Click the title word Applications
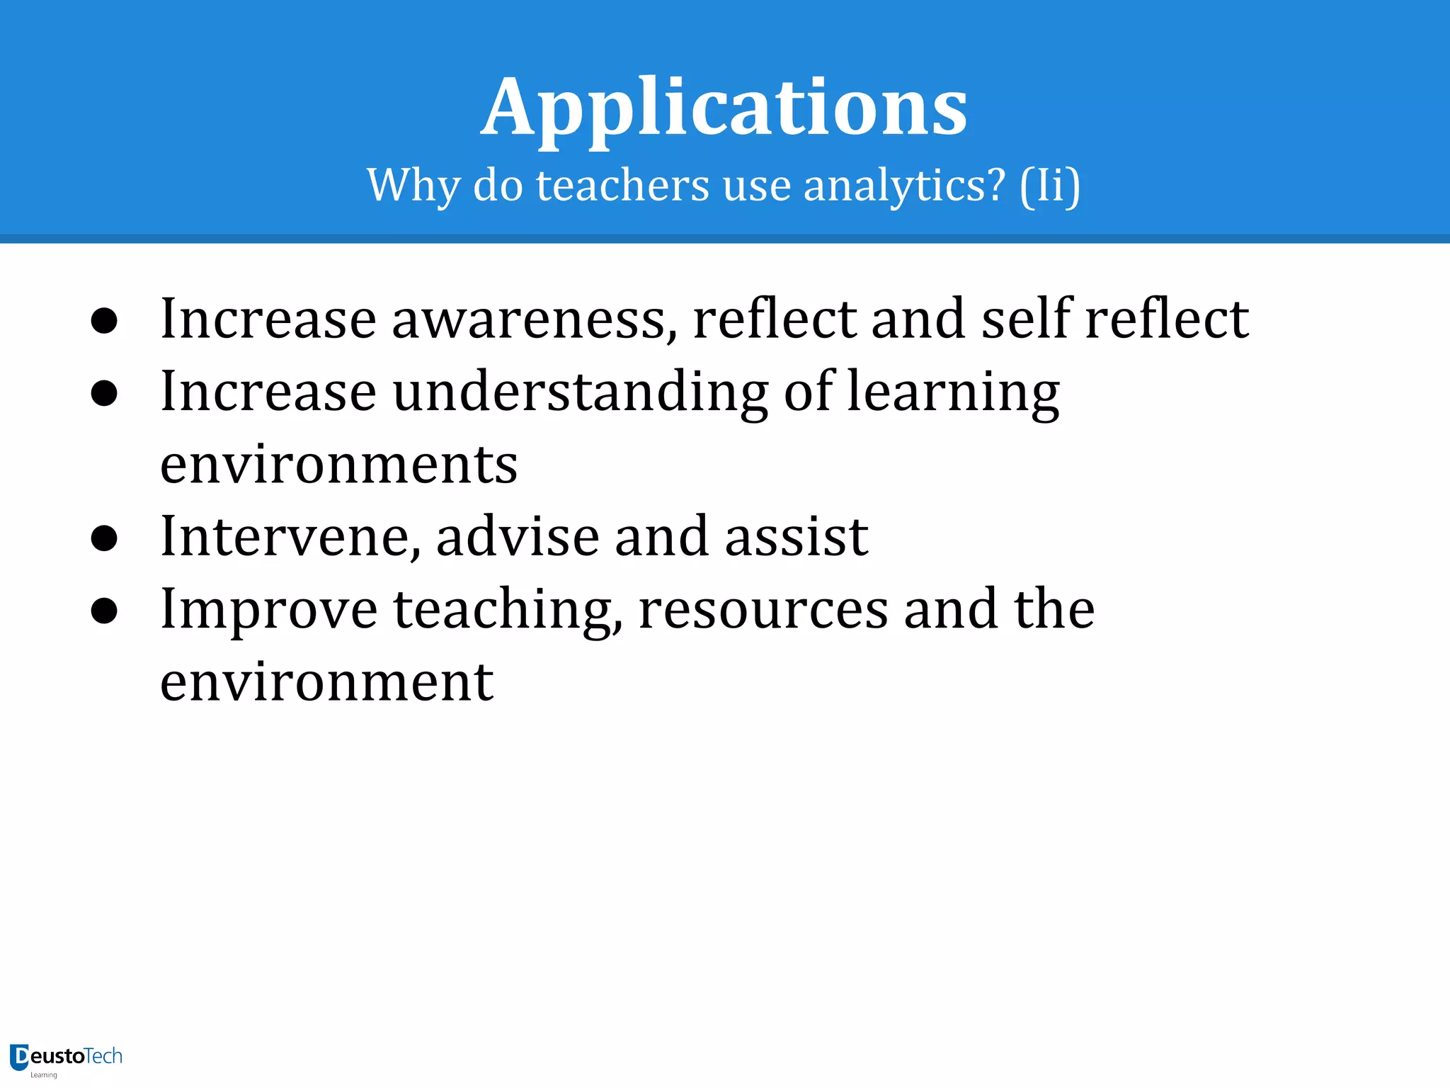click(724, 108)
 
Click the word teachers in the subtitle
click(622, 186)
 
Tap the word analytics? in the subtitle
click(904, 186)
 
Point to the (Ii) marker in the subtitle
click(1050, 186)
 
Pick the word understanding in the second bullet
click(580, 392)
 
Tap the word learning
click(953, 392)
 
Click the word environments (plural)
click(338, 465)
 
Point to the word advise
click(518, 537)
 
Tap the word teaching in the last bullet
click(508, 611)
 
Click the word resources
click(763, 611)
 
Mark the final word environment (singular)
click(326, 682)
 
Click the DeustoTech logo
click(66, 1058)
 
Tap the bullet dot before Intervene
click(104, 538)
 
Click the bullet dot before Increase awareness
click(104, 321)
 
